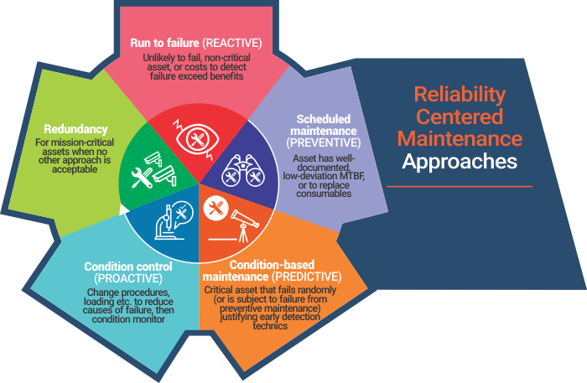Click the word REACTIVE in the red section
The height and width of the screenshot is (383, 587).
(x=232, y=43)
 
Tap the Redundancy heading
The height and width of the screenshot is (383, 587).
(x=75, y=129)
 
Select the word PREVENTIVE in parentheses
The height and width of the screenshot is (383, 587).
(x=324, y=142)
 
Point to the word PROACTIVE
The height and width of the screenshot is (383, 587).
(x=128, y=278)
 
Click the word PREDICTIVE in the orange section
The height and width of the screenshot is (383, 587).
(x=307, y=277)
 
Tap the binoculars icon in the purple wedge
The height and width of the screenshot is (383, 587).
(x=243, y=171)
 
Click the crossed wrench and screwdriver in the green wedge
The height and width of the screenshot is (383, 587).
(x=142, y=178)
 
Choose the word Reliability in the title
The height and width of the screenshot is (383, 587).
(x=460, y=94)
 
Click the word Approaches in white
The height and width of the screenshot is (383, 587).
(x=460, y=161)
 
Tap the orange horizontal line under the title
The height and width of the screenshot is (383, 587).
(x=460, y=186)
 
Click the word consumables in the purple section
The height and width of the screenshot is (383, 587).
(x=324, y=194)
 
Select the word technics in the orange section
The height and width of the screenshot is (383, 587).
(x=270, y=326)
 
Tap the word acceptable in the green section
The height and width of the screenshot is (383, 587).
(x=75, y=169)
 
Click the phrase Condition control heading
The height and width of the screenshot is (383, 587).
(x=128, y=267)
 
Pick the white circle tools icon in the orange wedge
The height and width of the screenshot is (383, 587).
(x=216, y=209)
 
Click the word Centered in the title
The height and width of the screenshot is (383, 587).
(x=460, y=116)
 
